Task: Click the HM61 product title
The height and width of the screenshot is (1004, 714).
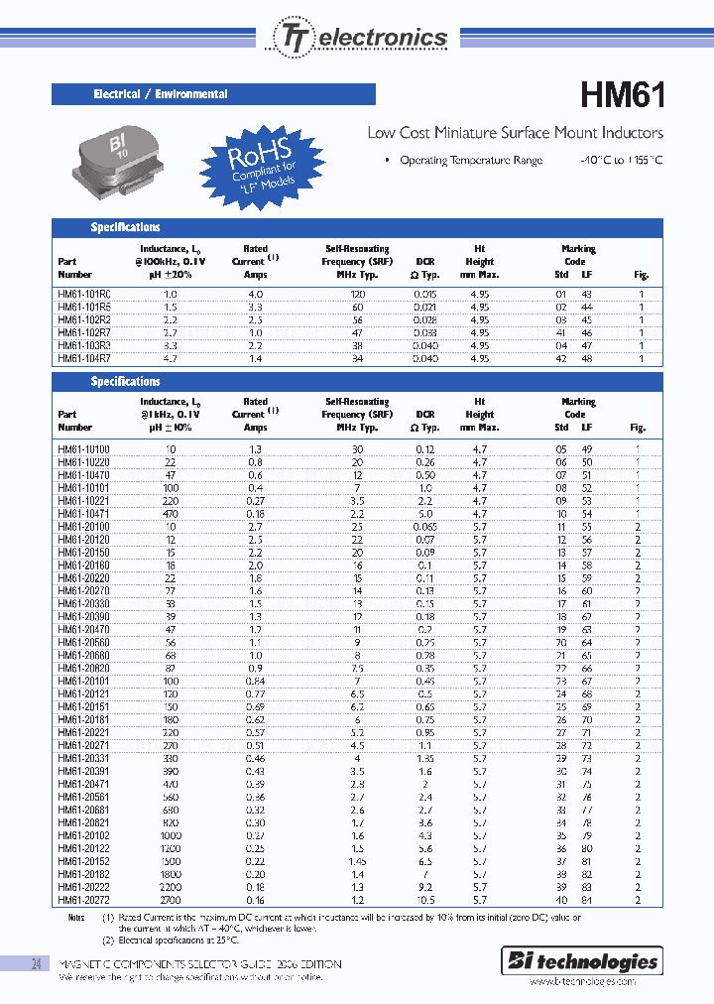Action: click(622, 95)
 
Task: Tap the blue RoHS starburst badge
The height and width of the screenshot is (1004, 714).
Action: click(261, 164)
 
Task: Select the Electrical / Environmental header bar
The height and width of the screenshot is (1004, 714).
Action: click(213, 94)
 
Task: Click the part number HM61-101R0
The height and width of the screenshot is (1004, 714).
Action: click(84, 295)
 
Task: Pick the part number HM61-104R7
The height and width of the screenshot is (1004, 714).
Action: click(84, 358)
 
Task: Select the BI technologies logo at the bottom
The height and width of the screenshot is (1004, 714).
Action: click(597, 960)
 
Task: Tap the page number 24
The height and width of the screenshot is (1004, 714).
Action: click(36, 963)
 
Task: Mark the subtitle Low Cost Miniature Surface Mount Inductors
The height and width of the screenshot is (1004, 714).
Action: click(515, 133)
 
